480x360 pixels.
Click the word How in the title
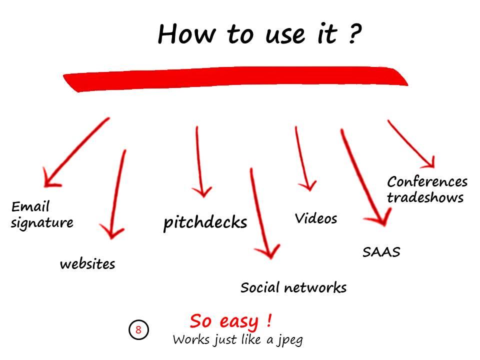[x=186, y=34]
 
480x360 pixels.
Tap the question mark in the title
[x=355, y=33]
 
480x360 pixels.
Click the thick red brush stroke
[x=235, y=78]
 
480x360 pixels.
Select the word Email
[x=30, y=206]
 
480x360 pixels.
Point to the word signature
[x=42, y=223]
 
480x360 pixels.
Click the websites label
[x=87, y=264]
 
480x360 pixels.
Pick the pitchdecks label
[x=205, y=222]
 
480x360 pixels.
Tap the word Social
[x=260, y=287]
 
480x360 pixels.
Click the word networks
[x=315, y=288]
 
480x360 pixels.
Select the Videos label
[x=316, y=218]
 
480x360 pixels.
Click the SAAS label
[x=381, y=252]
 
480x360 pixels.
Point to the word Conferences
[x=427, y=181]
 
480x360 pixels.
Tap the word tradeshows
[x=425, y=197]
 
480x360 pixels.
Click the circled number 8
[x=138, y=329]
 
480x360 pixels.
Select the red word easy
[x=239, y=322]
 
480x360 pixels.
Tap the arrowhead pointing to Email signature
[x=49, y=180]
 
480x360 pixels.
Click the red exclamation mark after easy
[x=269, y=320]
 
